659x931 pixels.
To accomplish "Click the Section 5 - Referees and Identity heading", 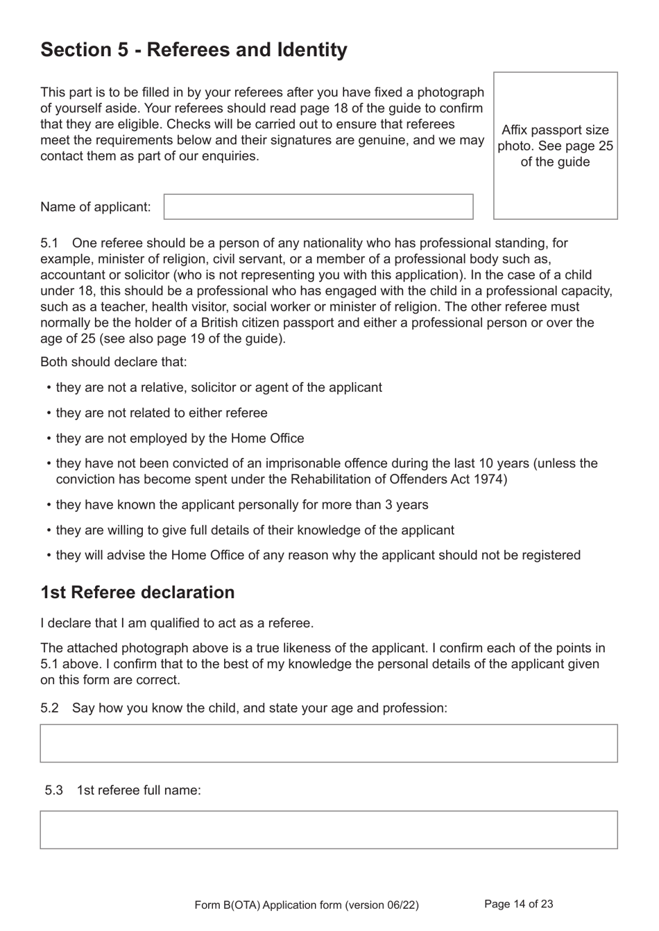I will pos(194,50).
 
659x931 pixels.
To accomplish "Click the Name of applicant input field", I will pos(318,207).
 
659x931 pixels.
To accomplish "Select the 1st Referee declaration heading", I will pos(137,592).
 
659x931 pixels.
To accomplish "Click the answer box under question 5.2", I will pos(328,743).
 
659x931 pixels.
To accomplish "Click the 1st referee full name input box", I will pos(328,830).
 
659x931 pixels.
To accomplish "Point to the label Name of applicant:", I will pos(95,207).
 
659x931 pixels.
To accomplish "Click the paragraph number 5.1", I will pos(49,243).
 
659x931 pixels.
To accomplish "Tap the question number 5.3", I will pos(53,790).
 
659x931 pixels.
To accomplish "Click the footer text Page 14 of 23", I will pos(518,904).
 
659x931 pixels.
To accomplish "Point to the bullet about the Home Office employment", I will pos(180,438).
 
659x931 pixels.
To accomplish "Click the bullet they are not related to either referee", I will pos(161,413).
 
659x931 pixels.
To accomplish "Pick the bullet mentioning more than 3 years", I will pos(241,505).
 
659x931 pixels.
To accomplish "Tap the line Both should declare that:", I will pos(113,362).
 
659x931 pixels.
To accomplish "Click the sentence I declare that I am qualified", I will pos(177,623).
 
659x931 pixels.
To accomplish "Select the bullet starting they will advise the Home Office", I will pos(318,555).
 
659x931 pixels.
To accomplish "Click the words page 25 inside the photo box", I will pos(588,146).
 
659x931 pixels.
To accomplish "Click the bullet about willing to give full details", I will pos(255,530).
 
